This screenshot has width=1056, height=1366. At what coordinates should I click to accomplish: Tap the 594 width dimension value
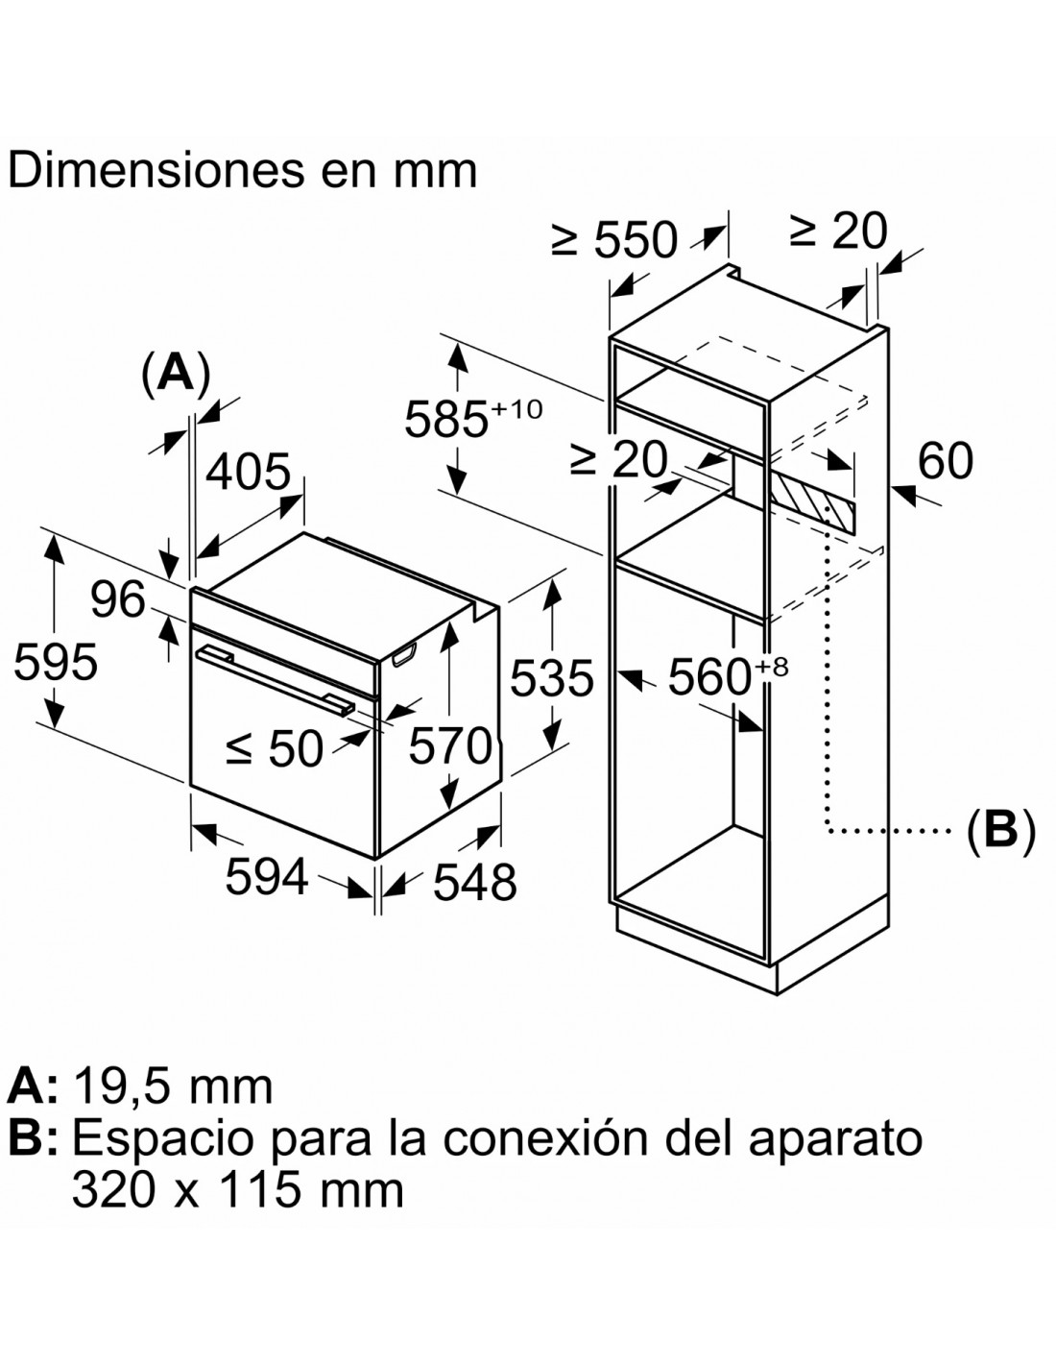pos(267,877)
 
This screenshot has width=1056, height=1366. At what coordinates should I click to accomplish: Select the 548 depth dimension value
pos(475,882)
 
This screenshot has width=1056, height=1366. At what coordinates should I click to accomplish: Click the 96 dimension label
pos(118,599)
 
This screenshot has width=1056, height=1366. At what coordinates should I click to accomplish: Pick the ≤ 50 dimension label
pos(276,748)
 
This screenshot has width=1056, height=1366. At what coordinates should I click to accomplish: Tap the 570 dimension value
pos(450,745)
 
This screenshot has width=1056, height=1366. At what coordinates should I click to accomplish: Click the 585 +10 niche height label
pos(472,416)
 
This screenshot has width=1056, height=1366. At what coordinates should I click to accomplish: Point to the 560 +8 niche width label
pos(728,675)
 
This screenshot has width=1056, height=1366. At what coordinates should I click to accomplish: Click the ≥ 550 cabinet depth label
pos(614,239)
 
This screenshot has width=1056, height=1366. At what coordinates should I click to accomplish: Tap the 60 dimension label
pos(946,461)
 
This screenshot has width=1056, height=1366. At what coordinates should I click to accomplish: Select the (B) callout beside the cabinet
pos(1000,830)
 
